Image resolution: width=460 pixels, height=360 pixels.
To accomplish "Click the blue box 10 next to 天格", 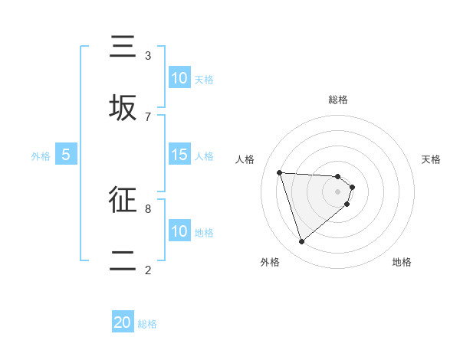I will click(179, 78).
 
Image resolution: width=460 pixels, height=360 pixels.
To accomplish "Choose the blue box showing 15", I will click(179, 155).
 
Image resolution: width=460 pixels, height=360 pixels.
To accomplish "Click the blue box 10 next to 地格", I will click(179, 231).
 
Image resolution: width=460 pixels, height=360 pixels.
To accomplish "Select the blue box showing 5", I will click(66, 155).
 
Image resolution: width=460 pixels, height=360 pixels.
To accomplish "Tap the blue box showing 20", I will click(123, 322).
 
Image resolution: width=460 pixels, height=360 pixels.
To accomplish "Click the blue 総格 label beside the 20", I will click(147, 324).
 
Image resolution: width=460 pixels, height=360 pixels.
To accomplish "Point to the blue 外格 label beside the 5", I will click(41, 156).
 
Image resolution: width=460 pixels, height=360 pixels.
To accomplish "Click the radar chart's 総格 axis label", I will click(338, 100).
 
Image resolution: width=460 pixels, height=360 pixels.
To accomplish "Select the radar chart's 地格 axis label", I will click(402, 262).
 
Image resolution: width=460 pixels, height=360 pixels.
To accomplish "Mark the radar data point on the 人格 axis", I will click(280, 172).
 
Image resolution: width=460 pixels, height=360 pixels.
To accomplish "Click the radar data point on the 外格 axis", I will click(301, 242).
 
